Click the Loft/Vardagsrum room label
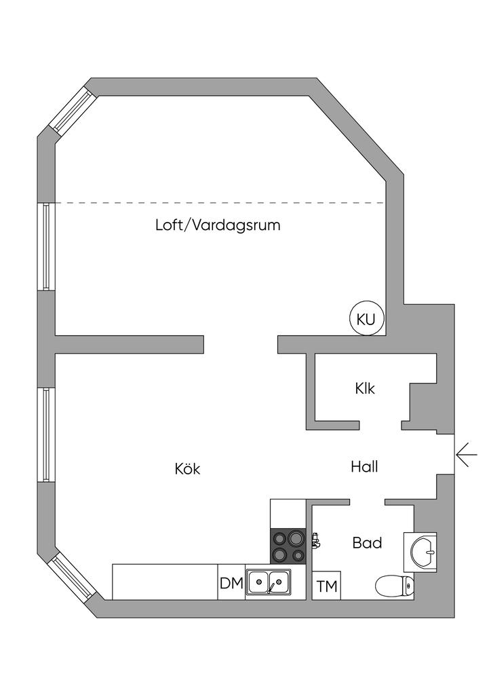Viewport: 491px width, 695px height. coord(218,225)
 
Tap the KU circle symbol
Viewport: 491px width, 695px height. coord(366,319)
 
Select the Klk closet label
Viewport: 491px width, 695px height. coord(365,389)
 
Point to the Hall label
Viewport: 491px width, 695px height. coord(364,467)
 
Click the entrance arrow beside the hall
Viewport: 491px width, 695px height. coord(466,455)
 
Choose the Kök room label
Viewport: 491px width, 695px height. coord(187,468)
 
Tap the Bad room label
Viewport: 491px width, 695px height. coord(367,543)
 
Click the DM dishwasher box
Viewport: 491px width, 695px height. coord(231,582)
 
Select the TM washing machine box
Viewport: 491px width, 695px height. coord(327,586)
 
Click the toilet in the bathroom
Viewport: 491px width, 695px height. coord(395,587)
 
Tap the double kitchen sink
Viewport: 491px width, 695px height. coord(269,582)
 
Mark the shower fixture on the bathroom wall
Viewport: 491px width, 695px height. coord(315,541)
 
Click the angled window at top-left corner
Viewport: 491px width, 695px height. coord(71,109)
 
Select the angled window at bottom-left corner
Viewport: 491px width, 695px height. coord(71,577)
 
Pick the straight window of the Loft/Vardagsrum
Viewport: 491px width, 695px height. coord(46,246)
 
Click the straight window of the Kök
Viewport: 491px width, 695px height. coord(46,435)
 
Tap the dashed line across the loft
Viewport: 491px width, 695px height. coord(220,202)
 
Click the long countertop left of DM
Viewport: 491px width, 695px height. coord(165,582)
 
